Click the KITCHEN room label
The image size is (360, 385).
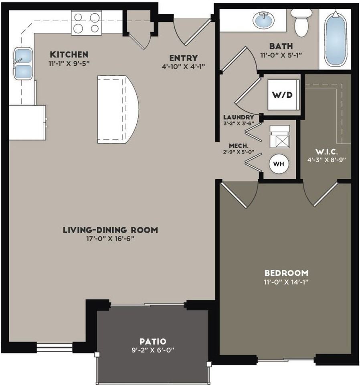point(69,54)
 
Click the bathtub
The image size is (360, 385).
point(336,39)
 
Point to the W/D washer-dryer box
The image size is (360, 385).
point(283,95)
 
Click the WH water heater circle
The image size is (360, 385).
point(279,164)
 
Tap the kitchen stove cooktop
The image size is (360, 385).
point(86,23)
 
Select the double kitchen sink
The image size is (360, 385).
point(23,63)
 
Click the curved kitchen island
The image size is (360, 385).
point(118,109)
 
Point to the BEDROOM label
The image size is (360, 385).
point(286,273)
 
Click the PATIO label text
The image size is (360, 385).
point(153,341)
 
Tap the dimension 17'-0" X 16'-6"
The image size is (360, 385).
point(110,239)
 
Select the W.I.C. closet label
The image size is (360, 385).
point(327,151)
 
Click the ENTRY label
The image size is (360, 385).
point(183,58)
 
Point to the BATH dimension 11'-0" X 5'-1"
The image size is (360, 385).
point(281,55)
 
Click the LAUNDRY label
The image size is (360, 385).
point(239,118)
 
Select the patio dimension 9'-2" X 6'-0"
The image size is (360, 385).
point(153,350)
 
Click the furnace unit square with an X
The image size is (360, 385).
point(280,141)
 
